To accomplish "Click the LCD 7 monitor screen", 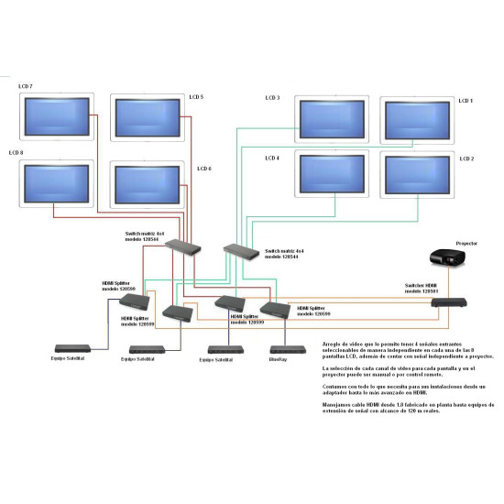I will click(x=56, y=117).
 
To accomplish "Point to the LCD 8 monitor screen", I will click(x=56, y=183).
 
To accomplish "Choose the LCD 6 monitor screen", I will click(x=145, y=183).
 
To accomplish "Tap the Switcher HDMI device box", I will click(x=453, y=301).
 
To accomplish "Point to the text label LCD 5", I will click(x=196, y=97).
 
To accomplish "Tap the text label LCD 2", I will click(x=466, y=159).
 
